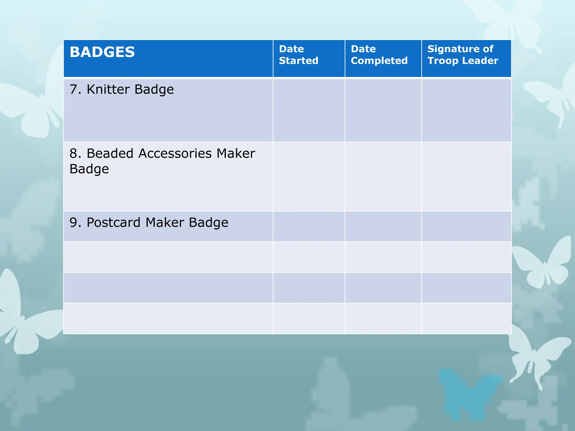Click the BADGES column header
(102, 52)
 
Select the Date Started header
(298, 55)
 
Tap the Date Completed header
(379, 55)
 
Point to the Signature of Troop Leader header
(463, 55)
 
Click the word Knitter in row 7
(108, 90)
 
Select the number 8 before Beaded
(74, 153)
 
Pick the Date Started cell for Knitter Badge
(309, 110)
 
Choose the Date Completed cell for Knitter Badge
(383, 110)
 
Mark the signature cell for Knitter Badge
(466, 110)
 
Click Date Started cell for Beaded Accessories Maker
(309, 176)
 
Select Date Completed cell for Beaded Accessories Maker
(383, 176)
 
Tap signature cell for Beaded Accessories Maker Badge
(466, 176)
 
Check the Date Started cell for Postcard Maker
(309, 226)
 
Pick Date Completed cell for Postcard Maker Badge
(383, 226)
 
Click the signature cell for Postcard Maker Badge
(466, 226)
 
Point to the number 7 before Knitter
(74, 90)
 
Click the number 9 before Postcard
(74, 223)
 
